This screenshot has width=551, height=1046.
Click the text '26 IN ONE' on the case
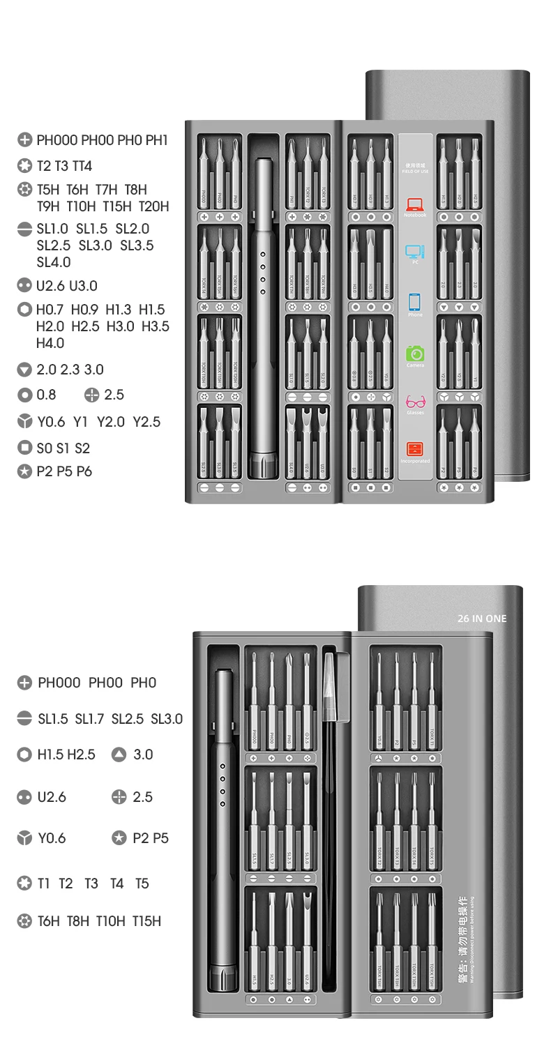click(483, 619)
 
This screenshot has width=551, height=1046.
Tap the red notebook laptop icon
click(415, 205)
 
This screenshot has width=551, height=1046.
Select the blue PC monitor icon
click(415, 252)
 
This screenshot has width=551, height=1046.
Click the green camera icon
click(415, 354)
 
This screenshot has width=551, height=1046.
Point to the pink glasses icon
click(415, 402)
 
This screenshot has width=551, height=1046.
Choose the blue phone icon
click(415, 302)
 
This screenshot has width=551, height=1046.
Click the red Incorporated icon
click(415, 449)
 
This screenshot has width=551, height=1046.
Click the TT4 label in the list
click(82, 166)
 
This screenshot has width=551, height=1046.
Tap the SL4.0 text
click(54, 262)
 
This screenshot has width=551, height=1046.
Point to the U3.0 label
click(83, 286)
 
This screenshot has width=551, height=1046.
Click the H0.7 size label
click(50, 310)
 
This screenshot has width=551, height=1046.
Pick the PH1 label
click(157, 140)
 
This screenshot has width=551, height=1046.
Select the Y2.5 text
click(146, 422)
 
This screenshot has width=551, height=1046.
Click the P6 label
click(84, 471)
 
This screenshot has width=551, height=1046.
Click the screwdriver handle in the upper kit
click(263, 314)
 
